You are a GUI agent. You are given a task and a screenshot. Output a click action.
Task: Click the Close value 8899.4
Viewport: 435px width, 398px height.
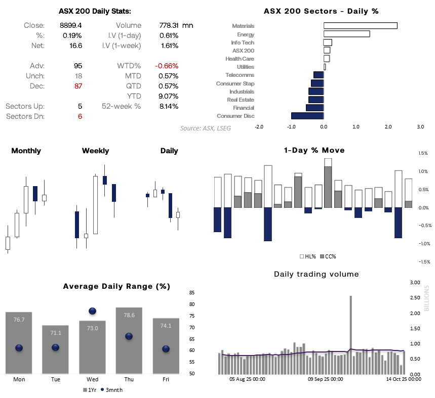71,25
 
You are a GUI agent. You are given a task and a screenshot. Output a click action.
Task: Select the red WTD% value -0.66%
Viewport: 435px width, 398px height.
167,66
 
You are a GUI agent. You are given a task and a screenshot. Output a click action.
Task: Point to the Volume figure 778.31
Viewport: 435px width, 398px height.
167,25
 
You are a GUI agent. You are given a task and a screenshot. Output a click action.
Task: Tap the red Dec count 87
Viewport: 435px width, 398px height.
77,86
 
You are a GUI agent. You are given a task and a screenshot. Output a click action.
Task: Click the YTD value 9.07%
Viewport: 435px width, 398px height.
168,96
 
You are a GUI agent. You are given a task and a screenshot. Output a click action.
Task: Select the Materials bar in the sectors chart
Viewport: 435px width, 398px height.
360,26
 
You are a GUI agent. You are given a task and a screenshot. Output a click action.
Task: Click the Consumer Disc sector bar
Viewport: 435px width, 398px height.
307,116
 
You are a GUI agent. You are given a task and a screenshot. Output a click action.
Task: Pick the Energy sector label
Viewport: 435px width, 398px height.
246,34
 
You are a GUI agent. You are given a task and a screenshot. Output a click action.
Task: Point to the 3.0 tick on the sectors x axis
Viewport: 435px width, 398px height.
420,127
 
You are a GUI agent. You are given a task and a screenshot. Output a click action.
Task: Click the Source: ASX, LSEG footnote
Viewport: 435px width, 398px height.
205,128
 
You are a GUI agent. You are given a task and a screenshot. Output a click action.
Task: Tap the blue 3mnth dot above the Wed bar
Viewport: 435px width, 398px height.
93,312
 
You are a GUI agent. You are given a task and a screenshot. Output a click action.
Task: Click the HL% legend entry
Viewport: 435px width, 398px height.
307,256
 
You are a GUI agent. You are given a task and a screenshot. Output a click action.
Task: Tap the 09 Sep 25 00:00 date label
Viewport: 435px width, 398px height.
326,378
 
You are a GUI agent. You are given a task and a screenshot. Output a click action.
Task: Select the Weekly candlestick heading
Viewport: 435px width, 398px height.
95,151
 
